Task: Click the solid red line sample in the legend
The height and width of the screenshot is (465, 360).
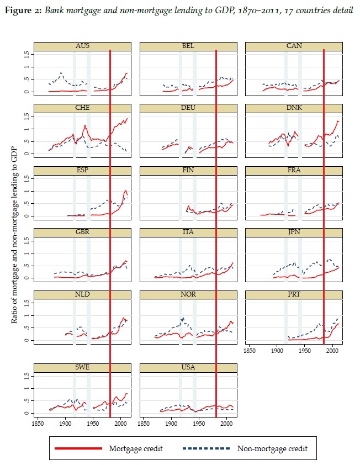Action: coord(79,448)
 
